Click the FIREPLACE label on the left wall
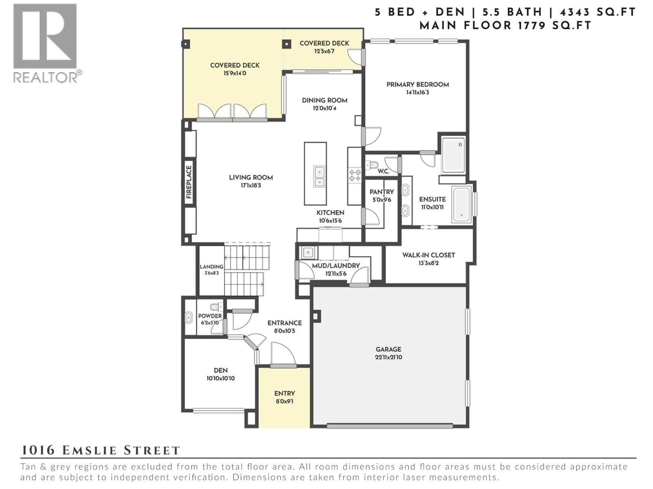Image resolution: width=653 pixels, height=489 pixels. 189,182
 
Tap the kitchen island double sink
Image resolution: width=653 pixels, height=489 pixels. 319,177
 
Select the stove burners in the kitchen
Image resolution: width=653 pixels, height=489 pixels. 355,176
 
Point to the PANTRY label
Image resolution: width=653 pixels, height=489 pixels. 382,192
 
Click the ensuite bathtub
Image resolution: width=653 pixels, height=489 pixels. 462,204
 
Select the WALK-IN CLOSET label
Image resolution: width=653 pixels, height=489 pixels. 429,255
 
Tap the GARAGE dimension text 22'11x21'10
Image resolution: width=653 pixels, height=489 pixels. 389,357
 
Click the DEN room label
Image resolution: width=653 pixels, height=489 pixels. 220,370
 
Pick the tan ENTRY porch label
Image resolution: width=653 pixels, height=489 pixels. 284,394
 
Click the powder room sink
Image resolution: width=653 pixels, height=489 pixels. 189,317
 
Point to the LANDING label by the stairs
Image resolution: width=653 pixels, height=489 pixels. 211,267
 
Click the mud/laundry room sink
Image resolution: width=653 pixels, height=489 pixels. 307,253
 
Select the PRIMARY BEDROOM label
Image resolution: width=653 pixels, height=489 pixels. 418,85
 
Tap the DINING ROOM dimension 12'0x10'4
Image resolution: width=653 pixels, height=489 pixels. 325,108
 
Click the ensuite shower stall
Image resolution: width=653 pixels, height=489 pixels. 453,155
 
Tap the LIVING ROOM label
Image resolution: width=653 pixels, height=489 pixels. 251,178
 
